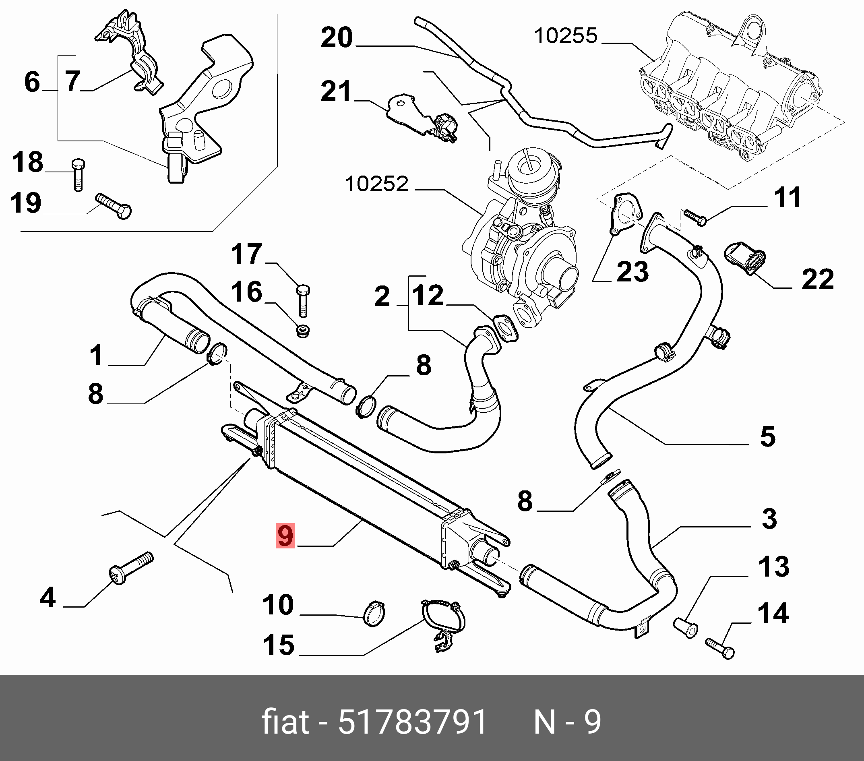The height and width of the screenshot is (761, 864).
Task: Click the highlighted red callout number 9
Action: pyautogui.click(x=285, y=536)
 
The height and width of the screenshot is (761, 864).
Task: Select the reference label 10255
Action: pyautogui.click(x=566, y=36)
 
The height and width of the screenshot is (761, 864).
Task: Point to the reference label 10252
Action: pyautogui.click(x=376, y=184)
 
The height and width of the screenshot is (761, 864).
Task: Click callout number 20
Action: pyautogui.click(x=337, y=37)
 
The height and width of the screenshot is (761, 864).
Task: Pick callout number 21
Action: pyautogui.click(x=336, y=91)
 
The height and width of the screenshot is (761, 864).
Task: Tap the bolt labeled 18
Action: pyautogui.click(x=78, y=175)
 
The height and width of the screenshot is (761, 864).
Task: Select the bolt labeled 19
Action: pyautogui.click(x=114, y=206)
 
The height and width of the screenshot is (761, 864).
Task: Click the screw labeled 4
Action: pyautogui.click(x=131, y=568)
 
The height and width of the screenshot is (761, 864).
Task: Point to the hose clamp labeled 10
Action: pyautogui.click(x=374, y=614)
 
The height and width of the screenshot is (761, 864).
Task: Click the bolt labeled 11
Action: pyautogui.click(x=695, y=217)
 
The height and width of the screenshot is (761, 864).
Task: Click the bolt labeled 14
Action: pyautogui.click(x=720, y=649)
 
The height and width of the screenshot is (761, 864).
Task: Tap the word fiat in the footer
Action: pyautogui.click(x=285, y=722)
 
